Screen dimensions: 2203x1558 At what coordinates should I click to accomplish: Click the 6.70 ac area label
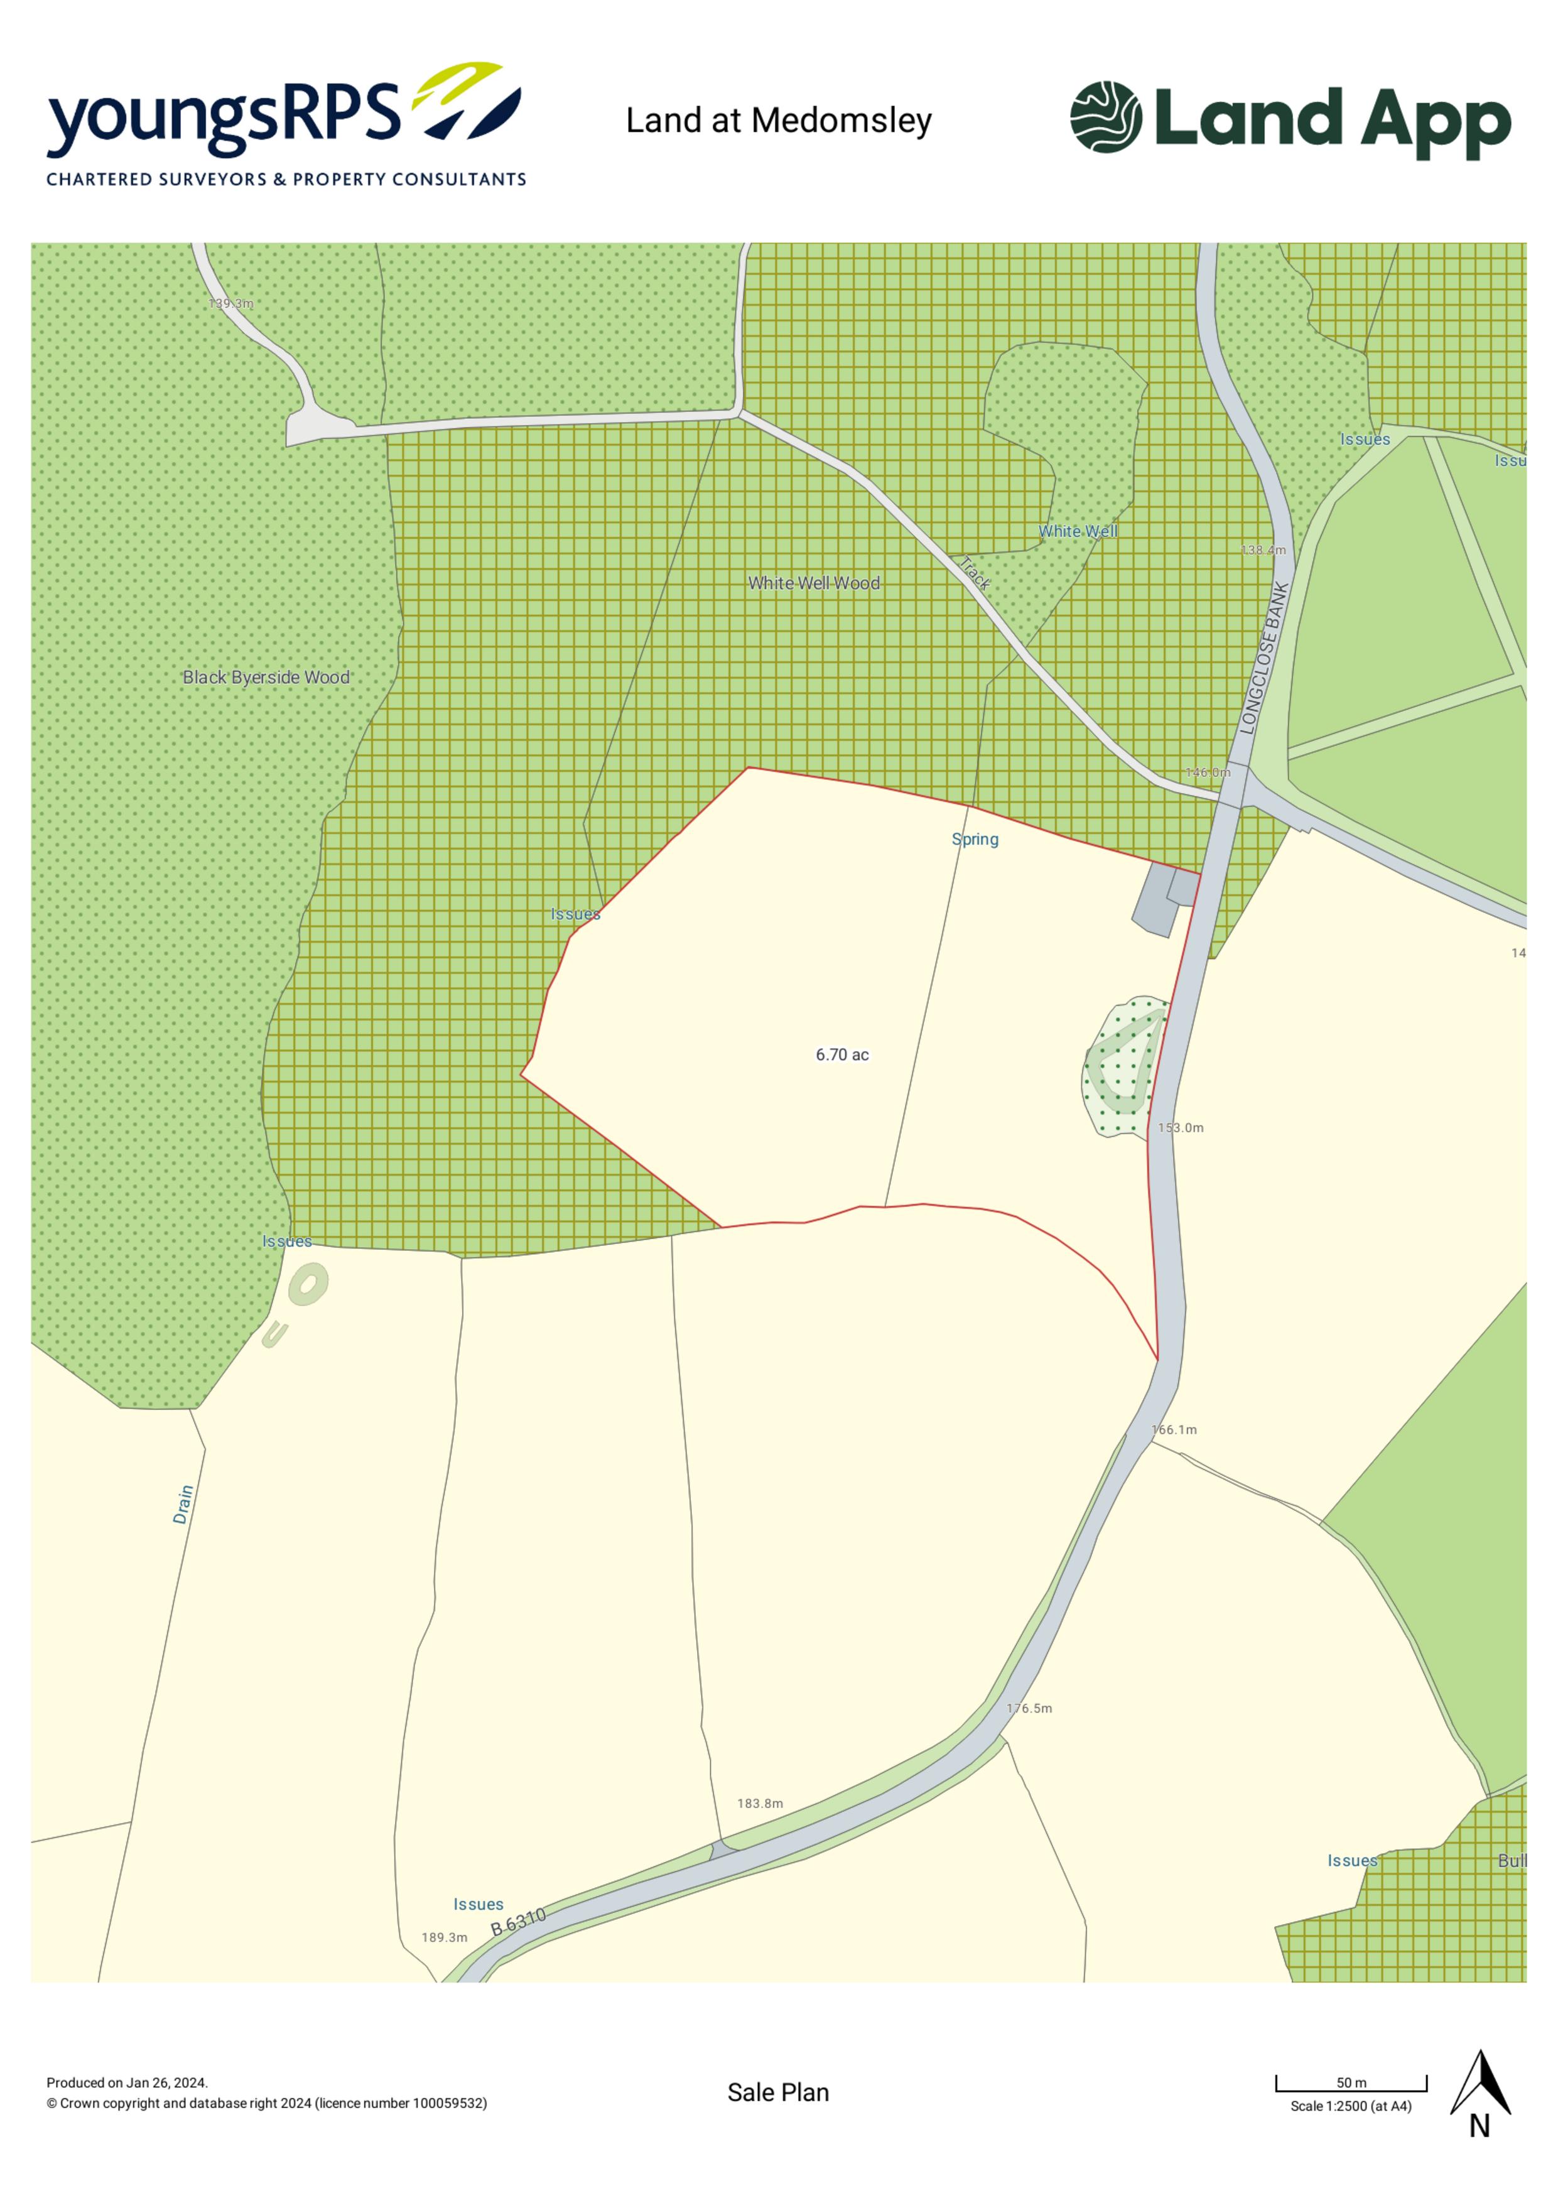[841, 1054]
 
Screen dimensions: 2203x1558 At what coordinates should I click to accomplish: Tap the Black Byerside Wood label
[266, 678]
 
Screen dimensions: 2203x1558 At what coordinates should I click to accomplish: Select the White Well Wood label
[813, 583]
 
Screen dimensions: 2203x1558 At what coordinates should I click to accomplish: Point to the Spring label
[975, 840]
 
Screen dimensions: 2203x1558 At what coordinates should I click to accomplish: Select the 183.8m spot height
[760, 1803]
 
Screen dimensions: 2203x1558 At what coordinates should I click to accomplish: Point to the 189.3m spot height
[444, 1937]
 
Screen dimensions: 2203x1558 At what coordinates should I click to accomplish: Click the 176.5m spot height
[1029, 1708]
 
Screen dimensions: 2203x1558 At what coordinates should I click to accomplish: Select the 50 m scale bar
[1351, 2083]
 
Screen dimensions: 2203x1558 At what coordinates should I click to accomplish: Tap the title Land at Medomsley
[778, 121]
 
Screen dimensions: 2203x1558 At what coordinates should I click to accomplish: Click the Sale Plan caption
[778, 2092]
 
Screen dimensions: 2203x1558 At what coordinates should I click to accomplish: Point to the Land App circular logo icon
[1105, 117]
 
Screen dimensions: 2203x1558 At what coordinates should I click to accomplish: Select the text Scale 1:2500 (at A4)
[1351, 2106]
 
